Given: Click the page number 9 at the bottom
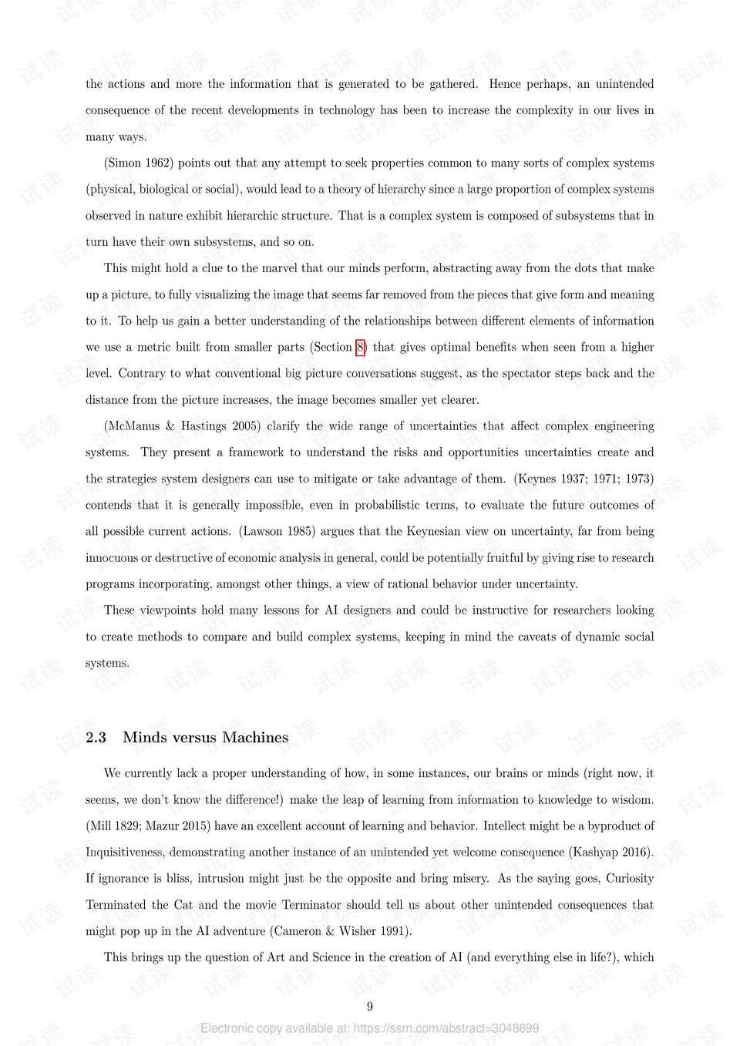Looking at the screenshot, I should click(x=370, y=1006).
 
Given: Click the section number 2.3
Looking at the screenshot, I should click(x=96, y=738).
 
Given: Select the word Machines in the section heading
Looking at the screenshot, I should click(x=255, y=738).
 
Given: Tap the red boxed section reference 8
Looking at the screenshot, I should click(x=360, y=347).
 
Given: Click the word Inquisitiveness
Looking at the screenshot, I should click(x=124, y=852).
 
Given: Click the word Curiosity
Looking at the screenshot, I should click(x=630, y=878).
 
